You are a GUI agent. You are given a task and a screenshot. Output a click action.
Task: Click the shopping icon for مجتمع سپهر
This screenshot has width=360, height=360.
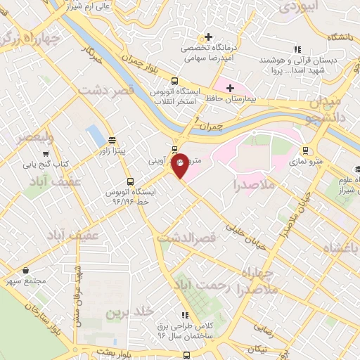(x=26, y=270)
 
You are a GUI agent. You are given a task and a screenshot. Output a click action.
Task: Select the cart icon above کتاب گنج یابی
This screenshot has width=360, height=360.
(x=46, y=153)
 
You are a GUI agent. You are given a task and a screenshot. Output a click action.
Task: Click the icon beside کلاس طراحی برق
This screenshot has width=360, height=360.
(x=185, y=315)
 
